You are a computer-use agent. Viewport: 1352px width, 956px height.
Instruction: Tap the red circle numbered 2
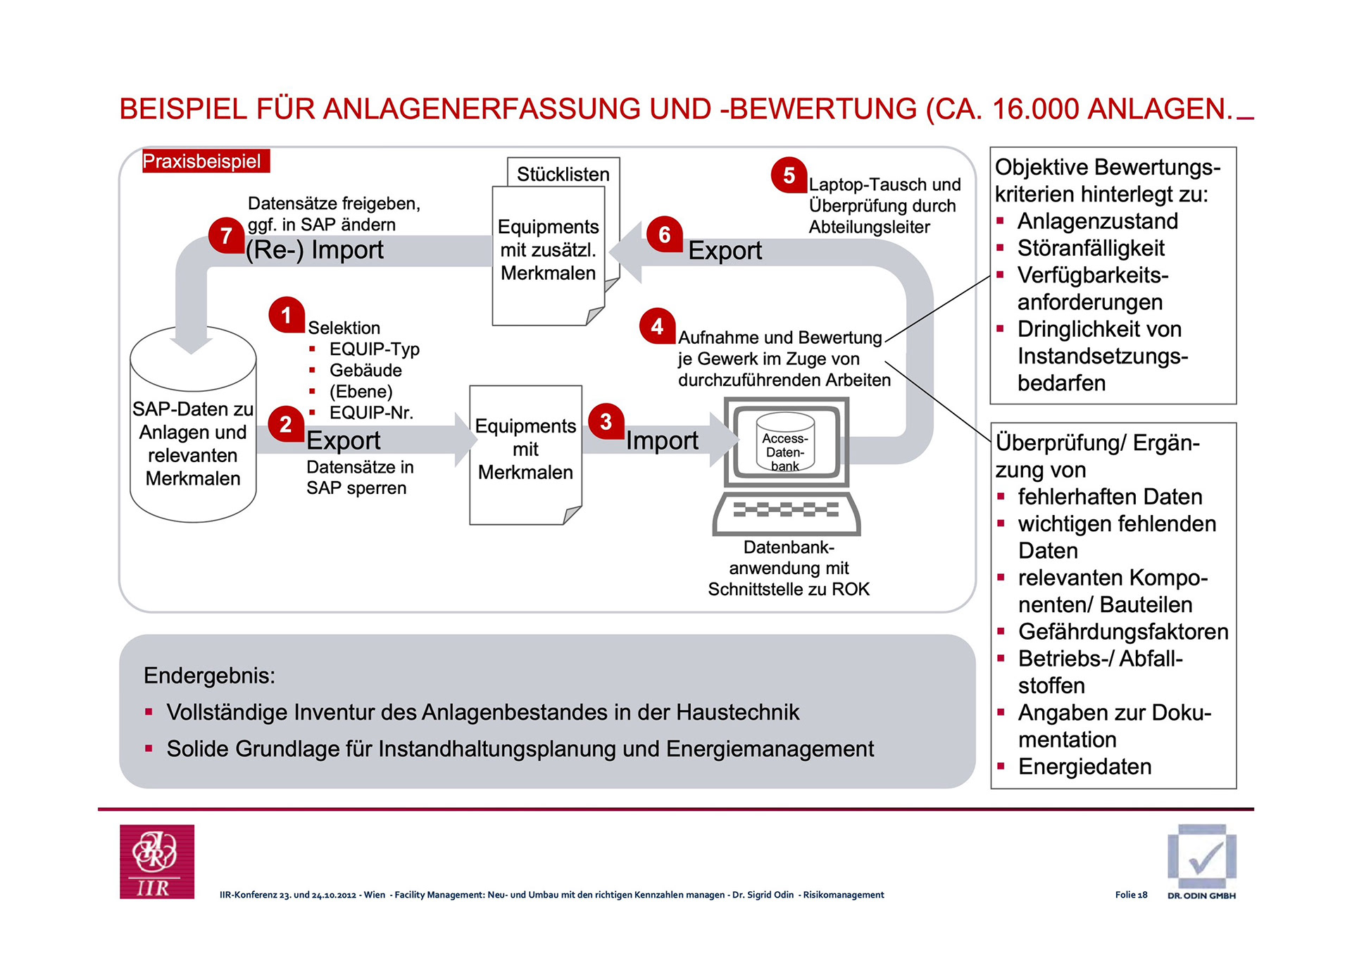click(286, 423)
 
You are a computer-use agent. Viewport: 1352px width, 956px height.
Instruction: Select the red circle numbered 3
click(606, 421)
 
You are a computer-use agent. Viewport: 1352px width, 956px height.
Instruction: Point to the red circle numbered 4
click(657, 325)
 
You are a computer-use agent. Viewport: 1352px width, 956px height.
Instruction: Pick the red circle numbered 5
click(789, 175)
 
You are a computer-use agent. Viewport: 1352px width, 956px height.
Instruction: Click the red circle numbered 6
click(664, 234)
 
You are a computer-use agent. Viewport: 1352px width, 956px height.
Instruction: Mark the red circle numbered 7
click(226, 235)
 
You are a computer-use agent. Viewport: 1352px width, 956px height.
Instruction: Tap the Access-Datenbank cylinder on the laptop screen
click(785, 445)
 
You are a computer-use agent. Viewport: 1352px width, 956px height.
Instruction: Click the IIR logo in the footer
click(157, 861)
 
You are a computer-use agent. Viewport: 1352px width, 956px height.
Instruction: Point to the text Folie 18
click(1131, 895)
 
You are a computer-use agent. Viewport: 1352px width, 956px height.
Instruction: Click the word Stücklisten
click(563, 174)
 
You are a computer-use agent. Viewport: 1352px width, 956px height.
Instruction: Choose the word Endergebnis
click(209, 676)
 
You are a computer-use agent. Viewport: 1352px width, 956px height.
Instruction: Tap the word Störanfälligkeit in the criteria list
click(1091, 248)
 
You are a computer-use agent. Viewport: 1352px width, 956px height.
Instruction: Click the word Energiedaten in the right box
click(1084, 766)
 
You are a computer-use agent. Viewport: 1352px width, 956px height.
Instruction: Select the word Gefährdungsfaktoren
click(1122, 631)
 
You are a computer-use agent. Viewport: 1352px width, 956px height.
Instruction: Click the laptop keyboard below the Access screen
click(786, 511)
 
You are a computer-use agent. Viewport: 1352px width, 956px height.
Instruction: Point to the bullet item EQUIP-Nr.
click(371, 413)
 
